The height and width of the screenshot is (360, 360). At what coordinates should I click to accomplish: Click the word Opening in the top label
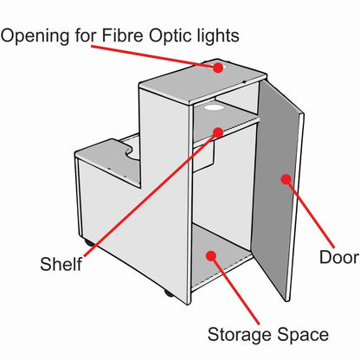click(x=35, y=36)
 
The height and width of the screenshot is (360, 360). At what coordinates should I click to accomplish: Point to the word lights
click(x=218, y=36)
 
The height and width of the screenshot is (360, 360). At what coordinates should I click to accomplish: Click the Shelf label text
click(x=61, y=264)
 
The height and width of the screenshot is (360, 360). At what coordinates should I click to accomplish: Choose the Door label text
click(x=339, y=257)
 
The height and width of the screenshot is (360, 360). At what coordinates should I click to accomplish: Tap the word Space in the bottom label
click(x=303, y=335)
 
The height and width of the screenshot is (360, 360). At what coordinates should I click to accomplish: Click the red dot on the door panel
click(x=286, y=179)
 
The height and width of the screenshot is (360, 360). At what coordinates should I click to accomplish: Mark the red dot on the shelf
click(x=218, y=132)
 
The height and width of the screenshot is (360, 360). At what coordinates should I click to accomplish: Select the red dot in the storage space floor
click(x=211, y=255)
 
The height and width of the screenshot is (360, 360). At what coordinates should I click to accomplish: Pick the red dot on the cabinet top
click(x=218, y=67)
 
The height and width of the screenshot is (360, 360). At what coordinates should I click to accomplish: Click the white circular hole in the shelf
click(x=214, y=108)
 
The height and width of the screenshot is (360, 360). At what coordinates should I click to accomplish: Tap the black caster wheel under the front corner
click(x=169, y=293)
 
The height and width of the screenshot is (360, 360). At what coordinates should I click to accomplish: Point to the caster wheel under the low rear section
click(x=89, y=243)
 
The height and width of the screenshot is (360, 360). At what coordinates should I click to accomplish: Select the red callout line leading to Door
click(x=310, y=214)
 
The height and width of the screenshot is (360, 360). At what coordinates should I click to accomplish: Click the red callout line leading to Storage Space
click(x=235, y=290)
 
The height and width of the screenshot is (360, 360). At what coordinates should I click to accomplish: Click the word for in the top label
click(x=86, y=35)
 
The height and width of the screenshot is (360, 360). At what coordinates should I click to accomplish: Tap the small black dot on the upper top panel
click(x=245, y=81)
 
